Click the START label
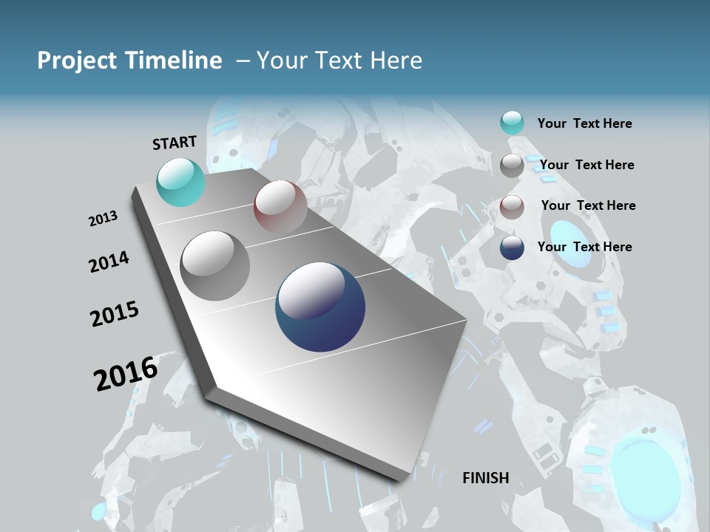pyautogui.click(x=175, y=143)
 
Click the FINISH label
pyautogui.click(x=485, y=478)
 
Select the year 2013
pyautogui.click(x=104, y=219)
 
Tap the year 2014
pyautogui.click(x=109, y=262)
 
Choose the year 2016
pyautogui.click(x=126, y=374)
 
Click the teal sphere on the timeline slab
pyautogui.click(x=181, y=182)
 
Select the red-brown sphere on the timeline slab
pyautogui.click(x=280, y=207)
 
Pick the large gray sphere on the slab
pyautogui.click(x=215, y=266)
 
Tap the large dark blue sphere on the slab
pyautogui.click(x=320, y=307)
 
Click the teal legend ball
pyautogui.click(x=512, y=123)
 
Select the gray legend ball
pyautogui.click(x=512, y=166)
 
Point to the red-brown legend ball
pyautogui.click(x=512, y=207)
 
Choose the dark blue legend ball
pyautogui.click(x=512, y=248)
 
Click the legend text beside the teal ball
pyautogui.click(x=584, y=124)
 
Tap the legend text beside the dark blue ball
pyautogui.click(x=584, y=247)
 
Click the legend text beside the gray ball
pyautogui.click(x=586, y=165)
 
